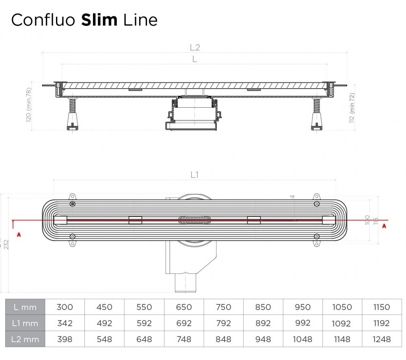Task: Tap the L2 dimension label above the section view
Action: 195,47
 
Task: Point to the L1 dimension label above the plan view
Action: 195,175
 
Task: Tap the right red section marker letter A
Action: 384,226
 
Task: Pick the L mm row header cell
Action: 25,307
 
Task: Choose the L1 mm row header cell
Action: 25,323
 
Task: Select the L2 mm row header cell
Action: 25,339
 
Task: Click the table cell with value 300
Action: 65,307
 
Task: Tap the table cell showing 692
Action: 184,323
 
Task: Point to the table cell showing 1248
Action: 381,339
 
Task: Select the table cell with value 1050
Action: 342,307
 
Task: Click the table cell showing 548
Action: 104,339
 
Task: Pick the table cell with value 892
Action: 263,323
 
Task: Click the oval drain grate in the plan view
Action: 194,220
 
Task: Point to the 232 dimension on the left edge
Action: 5,244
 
